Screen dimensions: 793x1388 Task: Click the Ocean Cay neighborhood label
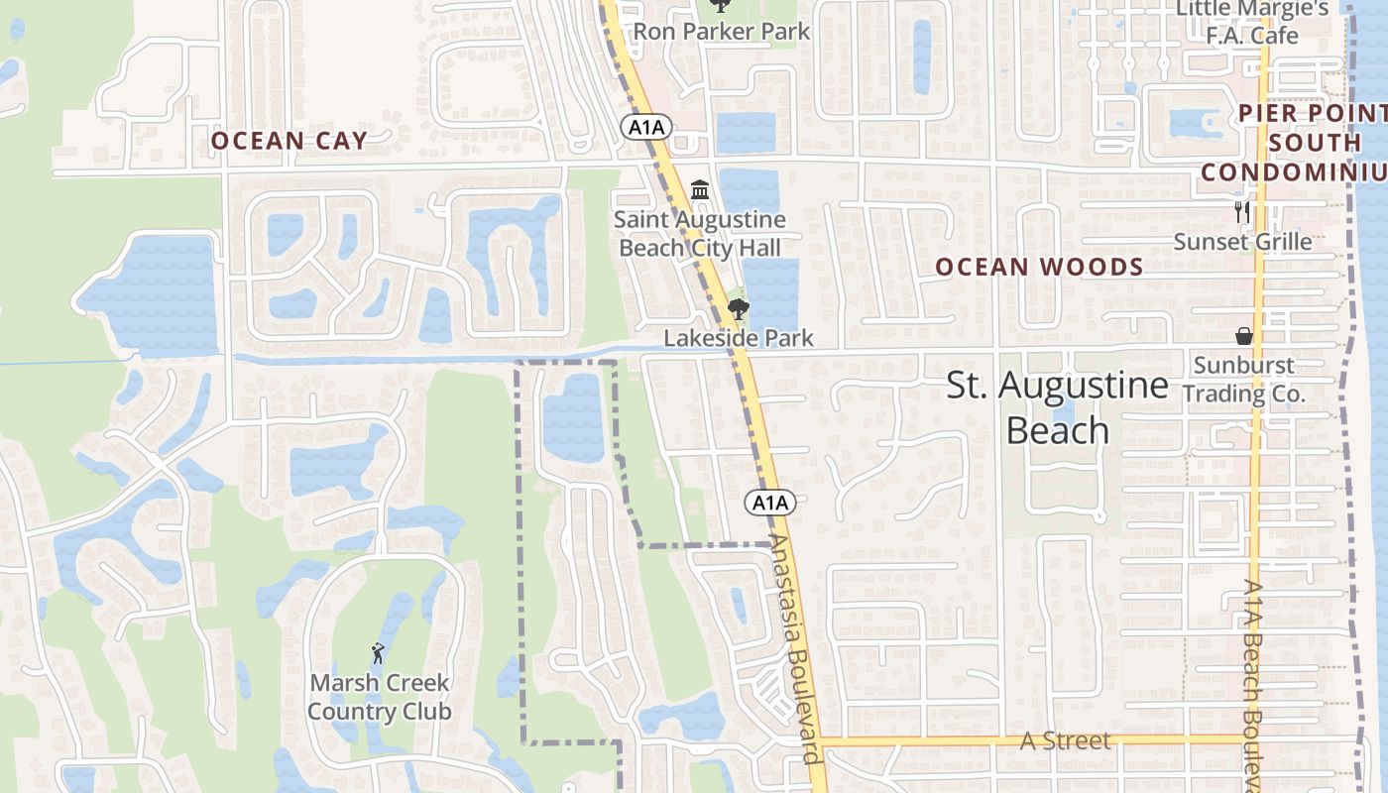click(289, 141)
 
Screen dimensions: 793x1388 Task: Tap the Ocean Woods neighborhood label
click(1039, 267)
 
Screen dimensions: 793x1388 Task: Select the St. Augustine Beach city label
click(1057, 407)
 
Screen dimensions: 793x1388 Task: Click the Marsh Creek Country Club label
click(379, 697)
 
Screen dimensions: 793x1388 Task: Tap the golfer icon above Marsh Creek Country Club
click(377, 653)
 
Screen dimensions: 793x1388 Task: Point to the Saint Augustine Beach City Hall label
click(700, 234)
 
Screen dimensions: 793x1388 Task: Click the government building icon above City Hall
click(700, 188)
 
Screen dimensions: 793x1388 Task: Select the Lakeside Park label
click(738, 338)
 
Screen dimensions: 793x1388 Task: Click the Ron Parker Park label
click(722, 32)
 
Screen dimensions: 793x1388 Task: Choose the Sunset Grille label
click(1242, 242)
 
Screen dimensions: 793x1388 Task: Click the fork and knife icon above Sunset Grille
click(1241, 211)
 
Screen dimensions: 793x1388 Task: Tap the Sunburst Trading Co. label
click(1243, 379)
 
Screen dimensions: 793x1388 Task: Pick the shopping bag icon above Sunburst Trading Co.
click(1243, 336)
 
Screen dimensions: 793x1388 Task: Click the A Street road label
click(1066, 741)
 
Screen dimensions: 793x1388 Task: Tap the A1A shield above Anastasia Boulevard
click(770, 503)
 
